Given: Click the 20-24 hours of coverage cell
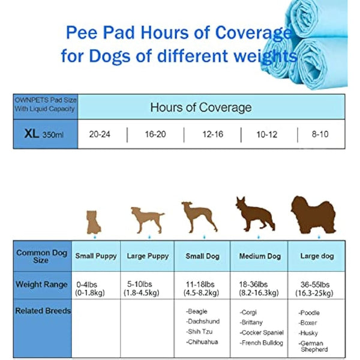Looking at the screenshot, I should click(100, 134).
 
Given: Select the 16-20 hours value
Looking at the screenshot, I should click(155, 134).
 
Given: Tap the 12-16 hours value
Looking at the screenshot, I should click(212, 134).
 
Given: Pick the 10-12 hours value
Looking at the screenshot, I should click(267, 134).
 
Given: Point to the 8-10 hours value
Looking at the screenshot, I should click(320, 134).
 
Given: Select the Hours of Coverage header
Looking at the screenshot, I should click(201, 108).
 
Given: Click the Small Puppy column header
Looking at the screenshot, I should click(96, 256).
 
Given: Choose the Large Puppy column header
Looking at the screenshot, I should click(147, 256).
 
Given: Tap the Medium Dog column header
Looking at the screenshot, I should click(260, 256).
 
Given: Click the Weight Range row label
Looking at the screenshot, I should click(41, 284).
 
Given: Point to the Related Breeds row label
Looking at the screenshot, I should click(43, 311).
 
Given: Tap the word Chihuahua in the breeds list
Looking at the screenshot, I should click(202, 342).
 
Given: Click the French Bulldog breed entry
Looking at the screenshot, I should click(262, 343).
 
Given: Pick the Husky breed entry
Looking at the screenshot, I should click(308, 333).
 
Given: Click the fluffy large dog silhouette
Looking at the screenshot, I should click(313, 215).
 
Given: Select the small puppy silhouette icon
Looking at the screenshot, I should click(93, 221).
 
